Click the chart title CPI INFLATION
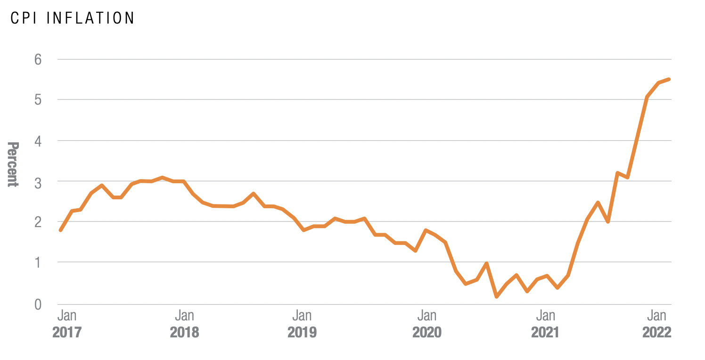(73, 18)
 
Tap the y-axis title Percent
(13, 164)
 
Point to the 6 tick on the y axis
(38, 59)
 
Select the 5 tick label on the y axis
(38, 100)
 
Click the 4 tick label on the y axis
(38, 140)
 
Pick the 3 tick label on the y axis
(38, 181)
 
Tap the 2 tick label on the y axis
(38, 221)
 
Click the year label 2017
(66, 332)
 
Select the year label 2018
(184, 332)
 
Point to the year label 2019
(302, 332)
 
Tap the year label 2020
(427, 332)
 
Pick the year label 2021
(545, 332)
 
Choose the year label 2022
(656, 332)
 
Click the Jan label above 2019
(302, 315)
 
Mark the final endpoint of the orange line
(669, 79)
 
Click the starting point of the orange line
(61, 230)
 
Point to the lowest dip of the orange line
(497, 296)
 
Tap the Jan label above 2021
(545, 315)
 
